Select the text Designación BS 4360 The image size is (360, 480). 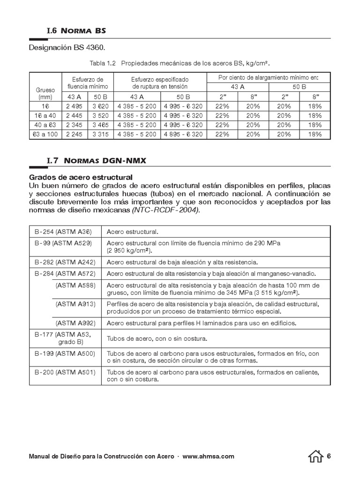(x=67, y=48)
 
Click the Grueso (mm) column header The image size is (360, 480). (x=45, y=93)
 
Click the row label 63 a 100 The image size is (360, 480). (x=45, y=134)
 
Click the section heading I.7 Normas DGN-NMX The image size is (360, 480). (x=96, y=161)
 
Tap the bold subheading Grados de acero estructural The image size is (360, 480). (x=81, y=177)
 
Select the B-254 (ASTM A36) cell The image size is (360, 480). (x=63, y=232)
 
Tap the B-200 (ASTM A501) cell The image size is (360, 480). (x=65, y=372)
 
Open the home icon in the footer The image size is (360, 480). (x=316, y=456)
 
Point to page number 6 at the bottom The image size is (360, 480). (x=329, y=456)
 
